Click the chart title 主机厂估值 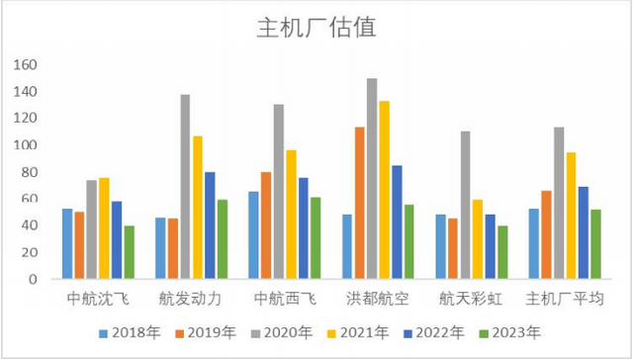click(316, 26)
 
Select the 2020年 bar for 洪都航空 click(372, 178)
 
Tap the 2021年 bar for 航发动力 click(198, 207)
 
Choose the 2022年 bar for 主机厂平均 click(583, 232)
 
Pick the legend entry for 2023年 click(510, 332)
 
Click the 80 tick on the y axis click(30, 172)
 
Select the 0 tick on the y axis click(33, 279)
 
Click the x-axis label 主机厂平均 click(565, 298)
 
